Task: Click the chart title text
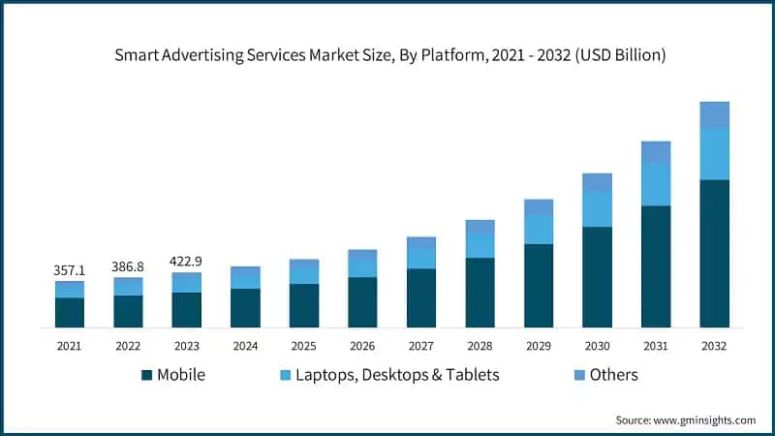[x=387, y=55]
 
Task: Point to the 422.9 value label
[x=186, y=261]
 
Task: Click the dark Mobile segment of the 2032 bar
[x=714, y=253]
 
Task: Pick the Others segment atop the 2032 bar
[x=714, y=114]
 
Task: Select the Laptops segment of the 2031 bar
[x=656, y=184]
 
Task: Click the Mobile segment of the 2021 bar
[x=69, y=312]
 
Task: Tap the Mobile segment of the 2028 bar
[x=480, y=292]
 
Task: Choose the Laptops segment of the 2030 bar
[x=597, y=209]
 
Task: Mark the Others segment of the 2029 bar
[x=539, y=207]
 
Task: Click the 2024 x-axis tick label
[x=245, y=345]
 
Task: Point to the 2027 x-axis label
[x=420, y=345]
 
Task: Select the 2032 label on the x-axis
[x=714, y=345]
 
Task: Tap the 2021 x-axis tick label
[x=69, y=345]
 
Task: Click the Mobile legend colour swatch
[x=146, y=375]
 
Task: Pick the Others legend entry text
[x=615, y=375]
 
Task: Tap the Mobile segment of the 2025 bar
[x=303, y=304]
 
